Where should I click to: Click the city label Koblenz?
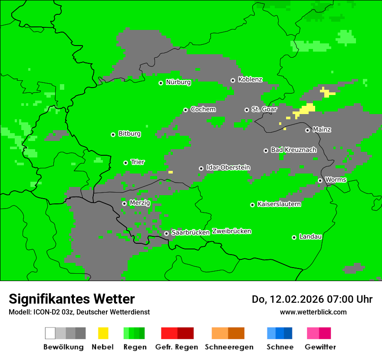coord(250,79)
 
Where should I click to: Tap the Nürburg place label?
coord(178,82)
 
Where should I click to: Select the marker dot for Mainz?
coord(307,130)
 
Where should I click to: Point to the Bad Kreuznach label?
coord(293,150)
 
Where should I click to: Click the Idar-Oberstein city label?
coord(228,167)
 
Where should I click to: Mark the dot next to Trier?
coord(125,163)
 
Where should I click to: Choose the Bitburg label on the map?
coord(129,134)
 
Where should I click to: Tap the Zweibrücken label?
coord(231,231)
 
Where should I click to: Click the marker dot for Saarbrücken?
coord(166,233)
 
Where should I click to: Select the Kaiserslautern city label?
coord(279,204)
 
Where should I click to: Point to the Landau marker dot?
coord(294,237)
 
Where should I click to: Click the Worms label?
coord(336,180)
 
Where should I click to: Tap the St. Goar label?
coord(264,109)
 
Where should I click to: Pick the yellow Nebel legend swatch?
coord(103,333)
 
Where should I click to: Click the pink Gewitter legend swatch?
coord(313,333)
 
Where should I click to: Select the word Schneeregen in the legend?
coord(229,347)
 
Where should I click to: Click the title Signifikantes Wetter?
coord(72,299)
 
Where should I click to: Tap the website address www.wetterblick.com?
coord(313,312)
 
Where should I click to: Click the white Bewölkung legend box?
coord(50,333)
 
